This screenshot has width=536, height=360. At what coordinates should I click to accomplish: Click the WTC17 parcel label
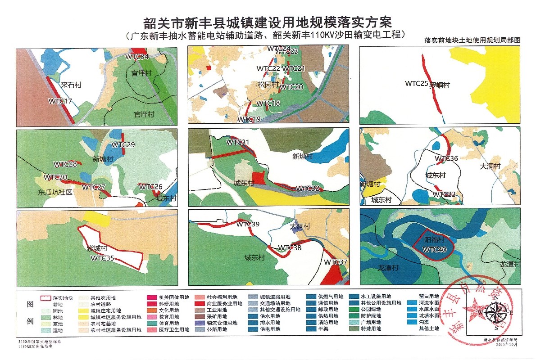tap(60, 101)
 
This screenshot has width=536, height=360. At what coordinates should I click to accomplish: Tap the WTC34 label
tap(137, 57)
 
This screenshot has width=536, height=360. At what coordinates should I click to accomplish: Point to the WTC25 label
tap(416, 83)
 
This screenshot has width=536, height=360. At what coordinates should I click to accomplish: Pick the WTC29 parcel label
tap(123, 145)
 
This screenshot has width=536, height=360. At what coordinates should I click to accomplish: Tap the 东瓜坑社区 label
tap(55, 192)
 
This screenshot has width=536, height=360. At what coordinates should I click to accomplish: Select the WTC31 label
tap(238, 142)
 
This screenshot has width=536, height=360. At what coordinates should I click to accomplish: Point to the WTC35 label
tap(102, 258)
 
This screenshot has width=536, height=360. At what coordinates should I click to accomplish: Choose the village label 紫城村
tap(96, 248)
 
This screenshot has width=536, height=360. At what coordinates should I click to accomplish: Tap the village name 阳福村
tap(435, 240)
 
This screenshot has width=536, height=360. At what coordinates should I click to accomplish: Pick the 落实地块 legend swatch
tap(45, 298)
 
